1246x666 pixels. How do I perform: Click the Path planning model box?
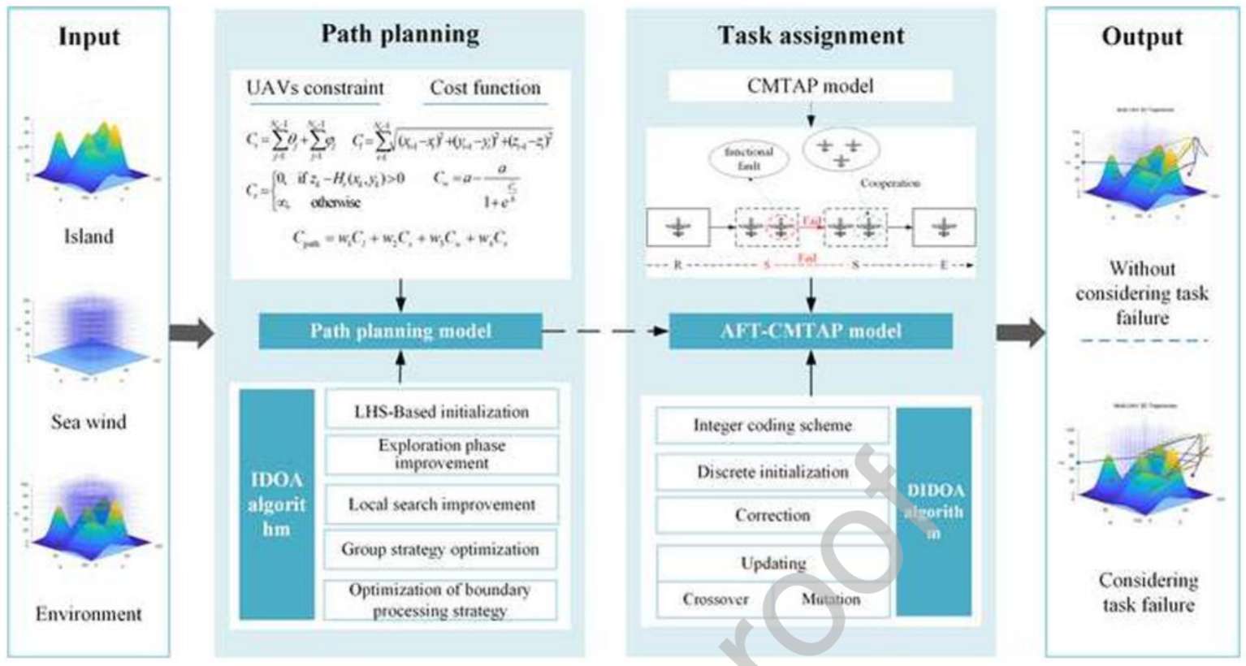tap(400, 331)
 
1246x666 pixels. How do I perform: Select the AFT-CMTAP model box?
tap(811, 331)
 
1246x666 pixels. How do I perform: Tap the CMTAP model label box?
tap(810, 86)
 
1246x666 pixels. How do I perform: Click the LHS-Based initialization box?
tap(441, 411)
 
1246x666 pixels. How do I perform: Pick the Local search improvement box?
tap(441, 504)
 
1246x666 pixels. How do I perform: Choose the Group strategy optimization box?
tap(440, 549)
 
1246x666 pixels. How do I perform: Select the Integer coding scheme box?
tap(772, 425)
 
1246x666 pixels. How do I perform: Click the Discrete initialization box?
tap(772, 472)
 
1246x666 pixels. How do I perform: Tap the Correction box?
tap(772, 515)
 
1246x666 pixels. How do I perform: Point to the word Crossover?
tap(715, 599)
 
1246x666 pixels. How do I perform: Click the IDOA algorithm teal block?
tap(276, 504)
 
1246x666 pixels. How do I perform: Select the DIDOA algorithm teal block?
tap(935, 512)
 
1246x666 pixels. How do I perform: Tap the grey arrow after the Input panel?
tap(191, 332)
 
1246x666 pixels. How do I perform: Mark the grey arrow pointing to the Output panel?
tap(1020, 332)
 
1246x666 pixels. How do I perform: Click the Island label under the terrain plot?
tap(89, 236)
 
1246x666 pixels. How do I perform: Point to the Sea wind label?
tap(89, 422)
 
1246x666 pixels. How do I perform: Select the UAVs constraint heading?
tap(315, 88)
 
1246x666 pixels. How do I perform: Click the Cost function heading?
tap(485, 88)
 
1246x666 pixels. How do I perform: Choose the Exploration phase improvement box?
tap(441, 454)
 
